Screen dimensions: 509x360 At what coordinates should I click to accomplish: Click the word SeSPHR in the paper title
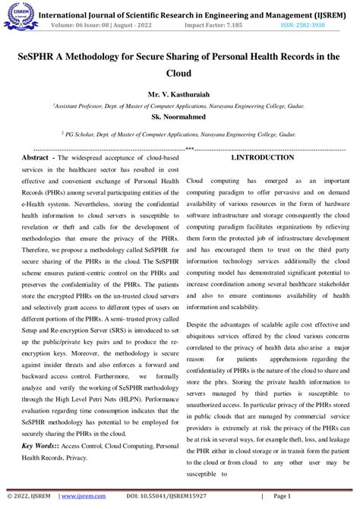(x=46, y=56)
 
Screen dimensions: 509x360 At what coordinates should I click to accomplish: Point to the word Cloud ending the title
(x=180, y=74)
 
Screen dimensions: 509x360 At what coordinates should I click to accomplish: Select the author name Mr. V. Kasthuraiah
(x=180, y=96)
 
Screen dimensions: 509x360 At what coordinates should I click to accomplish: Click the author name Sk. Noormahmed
(x=180, y=119)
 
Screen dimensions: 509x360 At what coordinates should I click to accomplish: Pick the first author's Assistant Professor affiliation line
(x=180, y=108)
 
